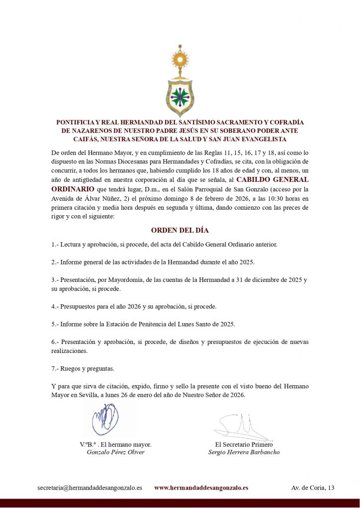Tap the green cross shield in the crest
pos(180,97)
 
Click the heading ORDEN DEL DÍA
pos(180,231)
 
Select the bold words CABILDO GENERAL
pos(272,179)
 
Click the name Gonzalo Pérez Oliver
pos(115,452)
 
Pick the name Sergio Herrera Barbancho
pos(244,452)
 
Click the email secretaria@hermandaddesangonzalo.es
pos(90,488)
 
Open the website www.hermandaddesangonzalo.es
pos(201,488)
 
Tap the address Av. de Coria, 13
pos(313,488)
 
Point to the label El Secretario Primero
pos(244,444)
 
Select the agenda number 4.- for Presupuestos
pos(55,306)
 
